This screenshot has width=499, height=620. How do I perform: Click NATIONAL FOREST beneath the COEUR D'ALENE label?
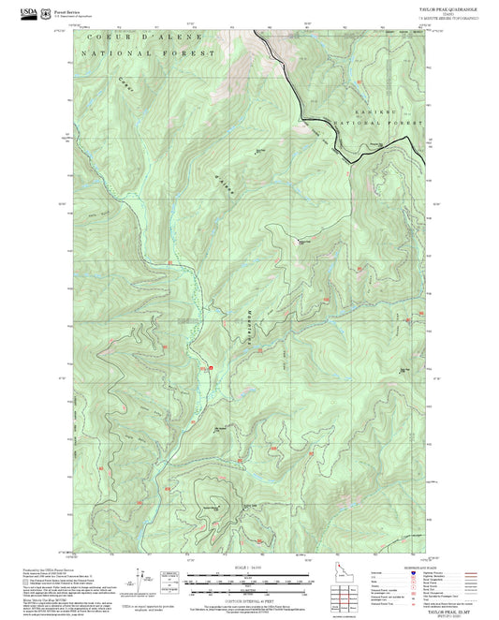click(148, 54)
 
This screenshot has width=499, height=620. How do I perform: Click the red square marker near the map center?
click(211, 368)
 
